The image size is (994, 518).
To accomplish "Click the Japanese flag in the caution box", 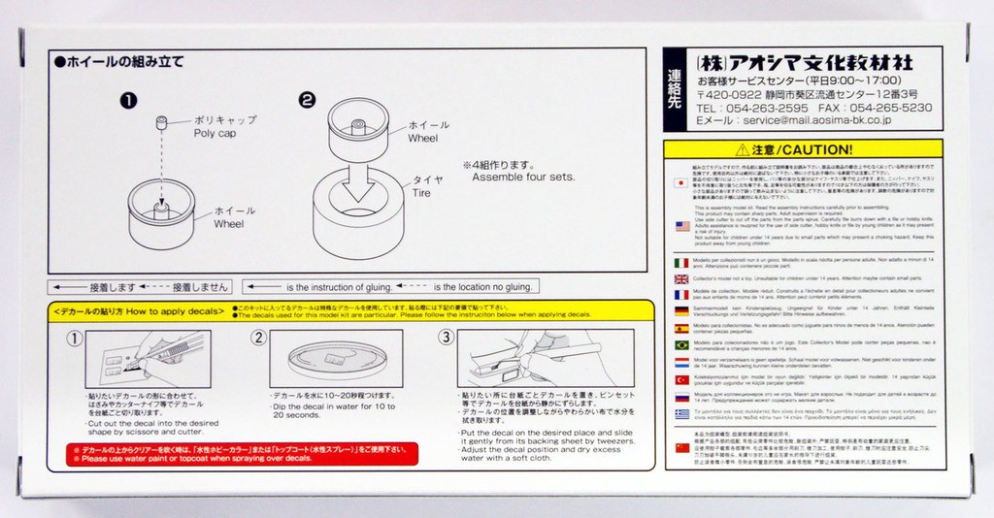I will click(681, 182).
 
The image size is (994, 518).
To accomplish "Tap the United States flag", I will click(681, 226).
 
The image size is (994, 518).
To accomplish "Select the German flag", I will click(681, 310).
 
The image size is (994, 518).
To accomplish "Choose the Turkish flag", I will click(681, 379).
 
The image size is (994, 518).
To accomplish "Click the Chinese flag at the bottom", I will click(681, 447).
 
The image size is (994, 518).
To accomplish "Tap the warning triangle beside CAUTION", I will click(743, 149).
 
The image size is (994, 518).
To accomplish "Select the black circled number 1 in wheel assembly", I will click(128, 100).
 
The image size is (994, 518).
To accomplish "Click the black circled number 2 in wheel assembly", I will click(307, 100).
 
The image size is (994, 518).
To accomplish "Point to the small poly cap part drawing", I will click(163, 121).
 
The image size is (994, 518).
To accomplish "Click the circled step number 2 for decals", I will click(258, 338).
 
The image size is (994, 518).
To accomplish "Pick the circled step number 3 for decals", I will click(446, 338).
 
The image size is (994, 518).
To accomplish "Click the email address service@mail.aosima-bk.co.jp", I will click(816, 121).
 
